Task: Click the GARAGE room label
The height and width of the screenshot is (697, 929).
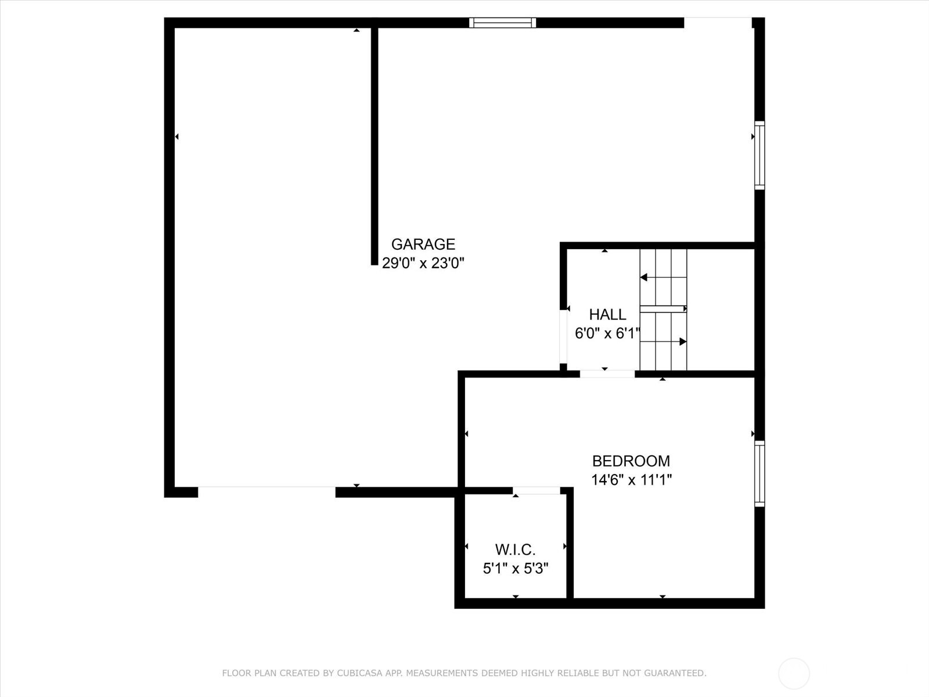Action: point(423,244)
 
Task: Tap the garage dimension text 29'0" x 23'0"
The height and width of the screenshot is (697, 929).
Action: point(423,263)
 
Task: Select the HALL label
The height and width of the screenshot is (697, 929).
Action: point(607,314)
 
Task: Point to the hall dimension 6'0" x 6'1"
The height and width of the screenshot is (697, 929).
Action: point(607,333)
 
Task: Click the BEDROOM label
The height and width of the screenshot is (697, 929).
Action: point(631,461)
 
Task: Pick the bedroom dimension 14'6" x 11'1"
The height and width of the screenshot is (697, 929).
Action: point(631,480)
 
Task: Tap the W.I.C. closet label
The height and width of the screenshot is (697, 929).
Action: point(515,549)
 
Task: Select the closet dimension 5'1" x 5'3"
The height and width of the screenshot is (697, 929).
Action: point(515,568)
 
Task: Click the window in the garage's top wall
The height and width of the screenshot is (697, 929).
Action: point(502,23)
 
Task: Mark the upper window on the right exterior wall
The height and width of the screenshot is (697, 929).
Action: point(759,155)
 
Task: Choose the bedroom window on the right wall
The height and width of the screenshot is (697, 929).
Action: point(759,473)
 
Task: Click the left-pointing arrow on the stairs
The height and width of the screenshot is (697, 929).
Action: point(644,278)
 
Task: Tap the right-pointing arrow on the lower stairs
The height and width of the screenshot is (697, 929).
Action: point(683,342)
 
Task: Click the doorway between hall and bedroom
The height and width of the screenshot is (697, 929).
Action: point(607,374)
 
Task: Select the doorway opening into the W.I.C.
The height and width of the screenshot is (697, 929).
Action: point(536,491)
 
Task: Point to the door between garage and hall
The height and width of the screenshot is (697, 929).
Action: point(563,336)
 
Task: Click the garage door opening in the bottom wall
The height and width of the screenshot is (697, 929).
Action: point(267,492)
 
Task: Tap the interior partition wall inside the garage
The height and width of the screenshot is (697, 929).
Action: point(375,145)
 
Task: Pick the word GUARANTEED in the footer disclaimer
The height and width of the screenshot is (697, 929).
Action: point(676,673)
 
